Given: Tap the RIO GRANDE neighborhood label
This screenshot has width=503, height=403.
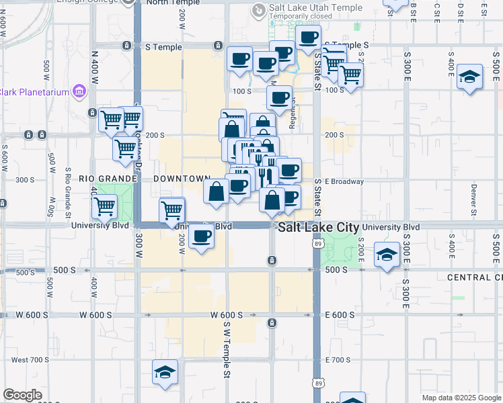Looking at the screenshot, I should point(104,179).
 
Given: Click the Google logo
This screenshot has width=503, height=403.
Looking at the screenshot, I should point(22,395).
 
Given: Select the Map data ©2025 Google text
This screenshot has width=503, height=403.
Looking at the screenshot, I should point(461,398).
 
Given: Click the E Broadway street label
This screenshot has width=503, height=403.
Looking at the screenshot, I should point(344,181).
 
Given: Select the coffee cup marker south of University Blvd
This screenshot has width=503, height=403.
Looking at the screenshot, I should point(201,236).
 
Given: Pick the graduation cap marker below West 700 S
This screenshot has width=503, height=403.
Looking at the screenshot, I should point(164,372).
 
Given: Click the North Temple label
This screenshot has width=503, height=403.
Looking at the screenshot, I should point(167,3).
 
